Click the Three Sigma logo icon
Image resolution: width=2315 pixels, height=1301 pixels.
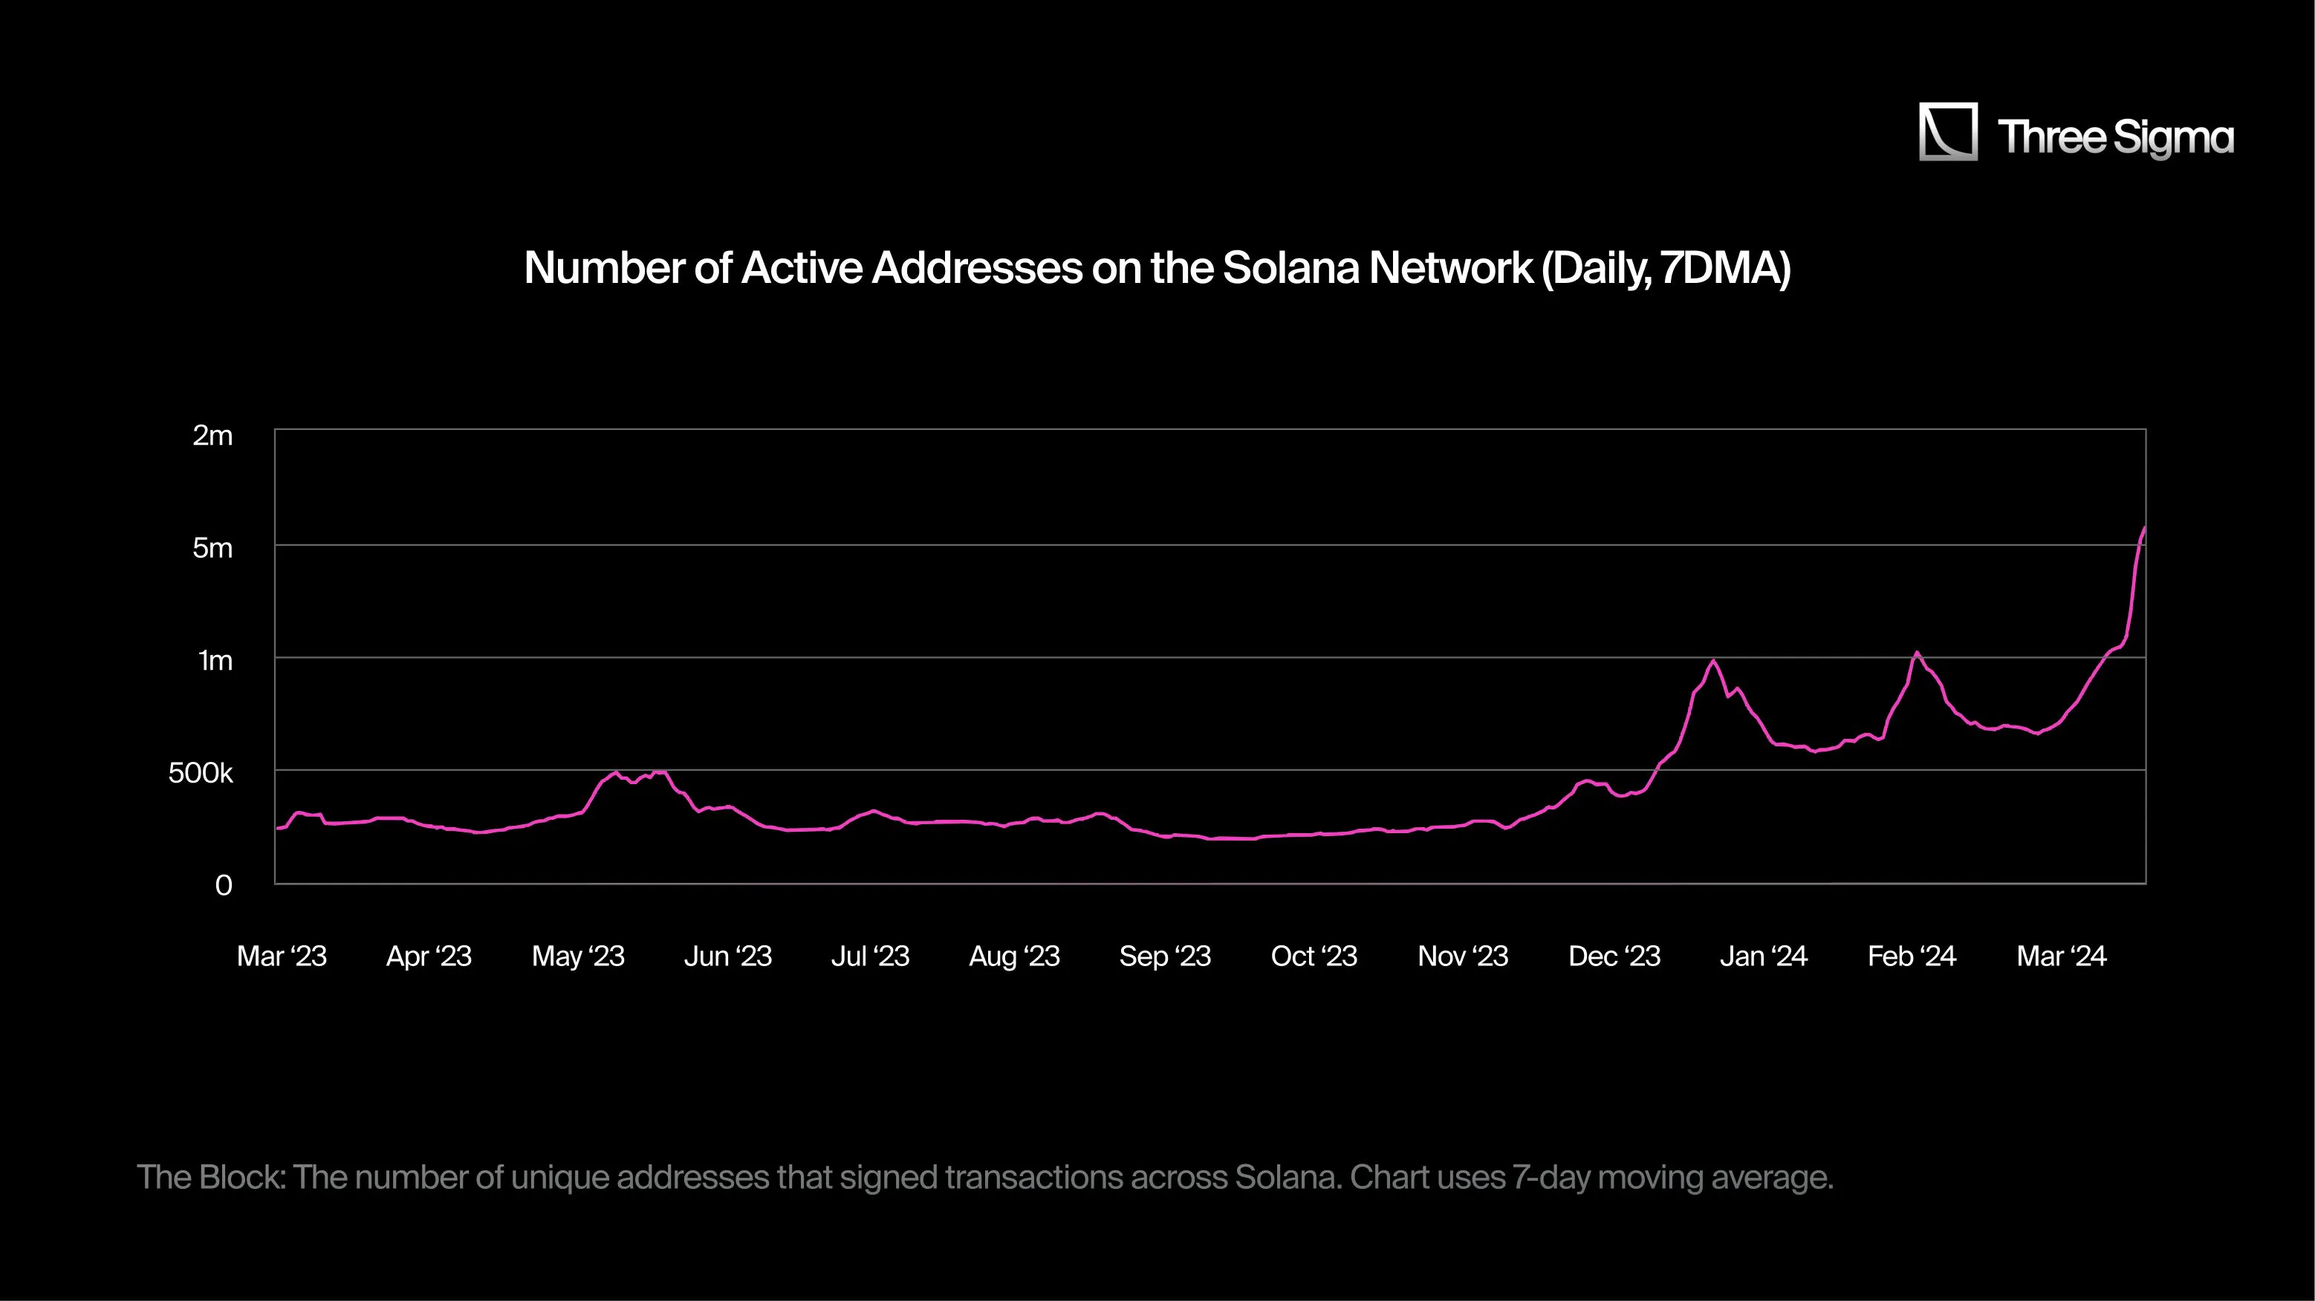pyautogui.click(x=1947, y=131)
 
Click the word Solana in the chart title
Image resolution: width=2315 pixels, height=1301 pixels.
pyautogui.click(x=1290, y=268)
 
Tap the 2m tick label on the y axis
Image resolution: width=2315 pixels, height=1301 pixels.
pyautogui.click(x=212, y=436)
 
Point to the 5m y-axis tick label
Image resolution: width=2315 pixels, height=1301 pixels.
pyautogui.click(x=212, y=548)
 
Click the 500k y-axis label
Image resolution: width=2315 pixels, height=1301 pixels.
pyautogui.click(x=201, y=773)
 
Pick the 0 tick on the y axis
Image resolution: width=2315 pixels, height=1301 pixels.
pyautogui.click(x=224, y=886)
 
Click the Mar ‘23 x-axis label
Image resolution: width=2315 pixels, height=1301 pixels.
pyautogui.click(x=282, y=956)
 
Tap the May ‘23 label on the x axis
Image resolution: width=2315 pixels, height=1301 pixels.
pyautogui.click(x=578, y=956)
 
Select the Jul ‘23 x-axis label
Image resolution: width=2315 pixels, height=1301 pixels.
pyautogui.click(x=870, y=956)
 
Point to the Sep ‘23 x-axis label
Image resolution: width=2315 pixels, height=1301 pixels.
pyautogui.click(x=1165, y=956)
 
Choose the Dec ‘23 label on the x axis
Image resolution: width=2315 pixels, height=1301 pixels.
pyautogui.click(x=1614, y=956)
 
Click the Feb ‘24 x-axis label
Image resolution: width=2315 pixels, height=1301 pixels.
pyautogui.click(x=1912, y=956)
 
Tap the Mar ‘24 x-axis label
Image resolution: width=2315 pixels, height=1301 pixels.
pyautogui.click(x=2061, y=956)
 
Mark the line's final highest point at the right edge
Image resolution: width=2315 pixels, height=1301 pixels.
pyautogui.click(x=2144, y=528)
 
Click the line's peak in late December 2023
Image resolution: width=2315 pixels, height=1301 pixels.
pyautogui.click(x=1714, y=662)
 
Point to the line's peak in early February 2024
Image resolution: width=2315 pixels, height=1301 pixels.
pyautogui.click(x=1917, y=653)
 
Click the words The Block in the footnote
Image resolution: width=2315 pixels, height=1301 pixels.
pyautogui.click(x=210, y=1177)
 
